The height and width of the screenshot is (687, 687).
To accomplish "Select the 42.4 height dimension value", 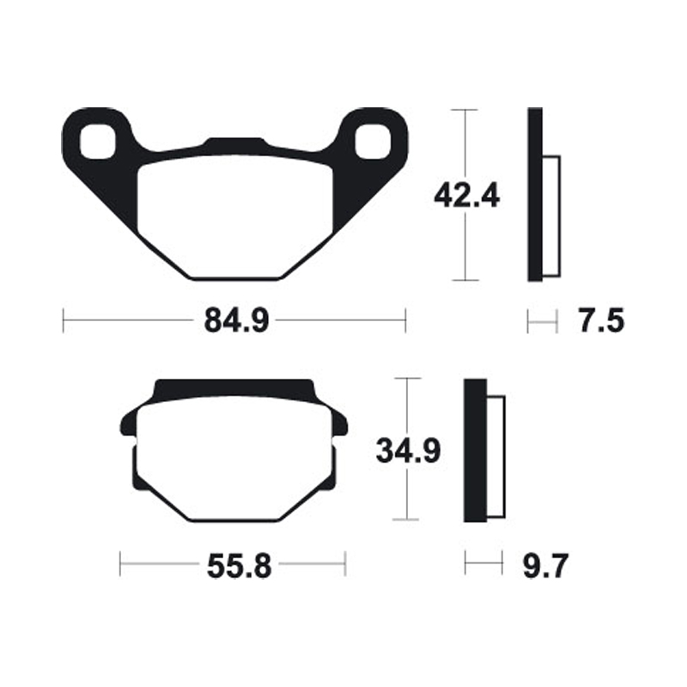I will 466,196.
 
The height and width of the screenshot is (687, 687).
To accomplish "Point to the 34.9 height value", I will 408,449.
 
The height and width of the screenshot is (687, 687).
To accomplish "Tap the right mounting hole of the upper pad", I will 372,141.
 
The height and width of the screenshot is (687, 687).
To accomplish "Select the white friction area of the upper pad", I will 235,215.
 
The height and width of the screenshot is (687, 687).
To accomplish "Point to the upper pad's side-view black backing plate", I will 534,196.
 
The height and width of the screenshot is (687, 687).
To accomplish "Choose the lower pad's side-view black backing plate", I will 475,450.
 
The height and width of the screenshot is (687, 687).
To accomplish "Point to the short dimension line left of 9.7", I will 483,564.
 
